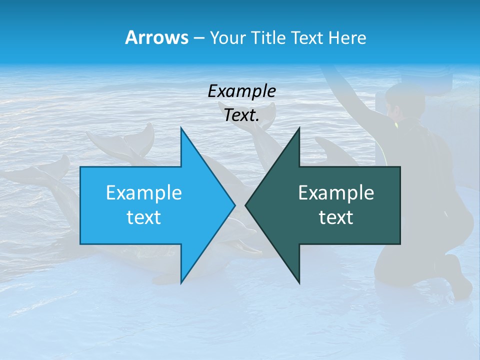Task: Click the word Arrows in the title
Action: pyautogui.click(x=157, y=37)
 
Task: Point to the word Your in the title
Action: pyautogui.click(x=227, y=37)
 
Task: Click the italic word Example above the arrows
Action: pyautogui.click(x=241, y=91)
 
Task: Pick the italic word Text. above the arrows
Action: pyautogui.click(x=241, y=115)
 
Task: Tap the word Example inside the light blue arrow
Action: pyautogui.click(x=144, y=193)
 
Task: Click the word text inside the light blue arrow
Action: pyautogui.click(x=144, y=217)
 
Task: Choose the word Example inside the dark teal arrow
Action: pyautogui.click(x=336, y=193)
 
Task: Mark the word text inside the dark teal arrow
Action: pyautogui.click(x=336, y=217)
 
